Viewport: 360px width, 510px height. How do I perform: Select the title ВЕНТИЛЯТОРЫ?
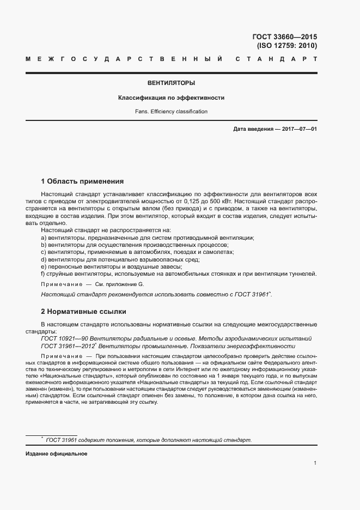[x=171, y=83]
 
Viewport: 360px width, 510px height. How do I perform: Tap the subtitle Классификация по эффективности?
[x=171, y=98]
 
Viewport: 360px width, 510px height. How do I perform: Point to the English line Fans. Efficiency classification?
[x=171, y=111]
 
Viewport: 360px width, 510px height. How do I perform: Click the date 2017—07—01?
[x=298, y=129]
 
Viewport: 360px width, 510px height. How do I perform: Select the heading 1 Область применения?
[x=83, y=181]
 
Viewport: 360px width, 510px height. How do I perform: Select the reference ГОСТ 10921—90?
[x=64, y=338]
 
